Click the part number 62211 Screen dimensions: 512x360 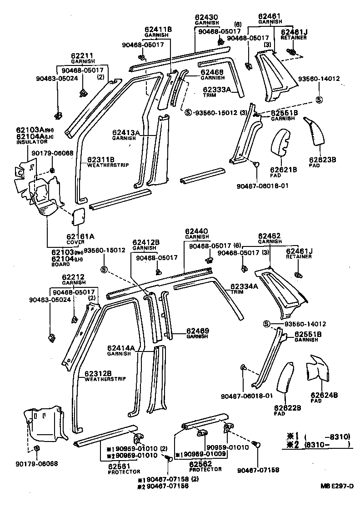click(x=82, y=56)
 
